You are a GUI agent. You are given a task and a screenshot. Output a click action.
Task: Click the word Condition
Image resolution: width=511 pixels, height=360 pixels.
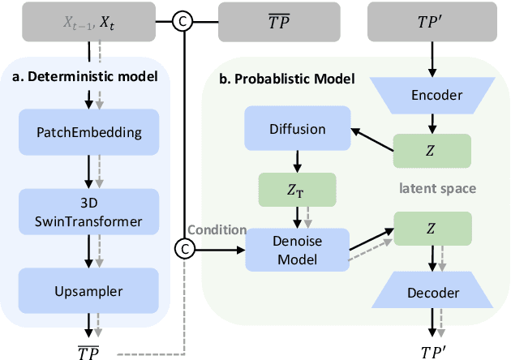[217, 229]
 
